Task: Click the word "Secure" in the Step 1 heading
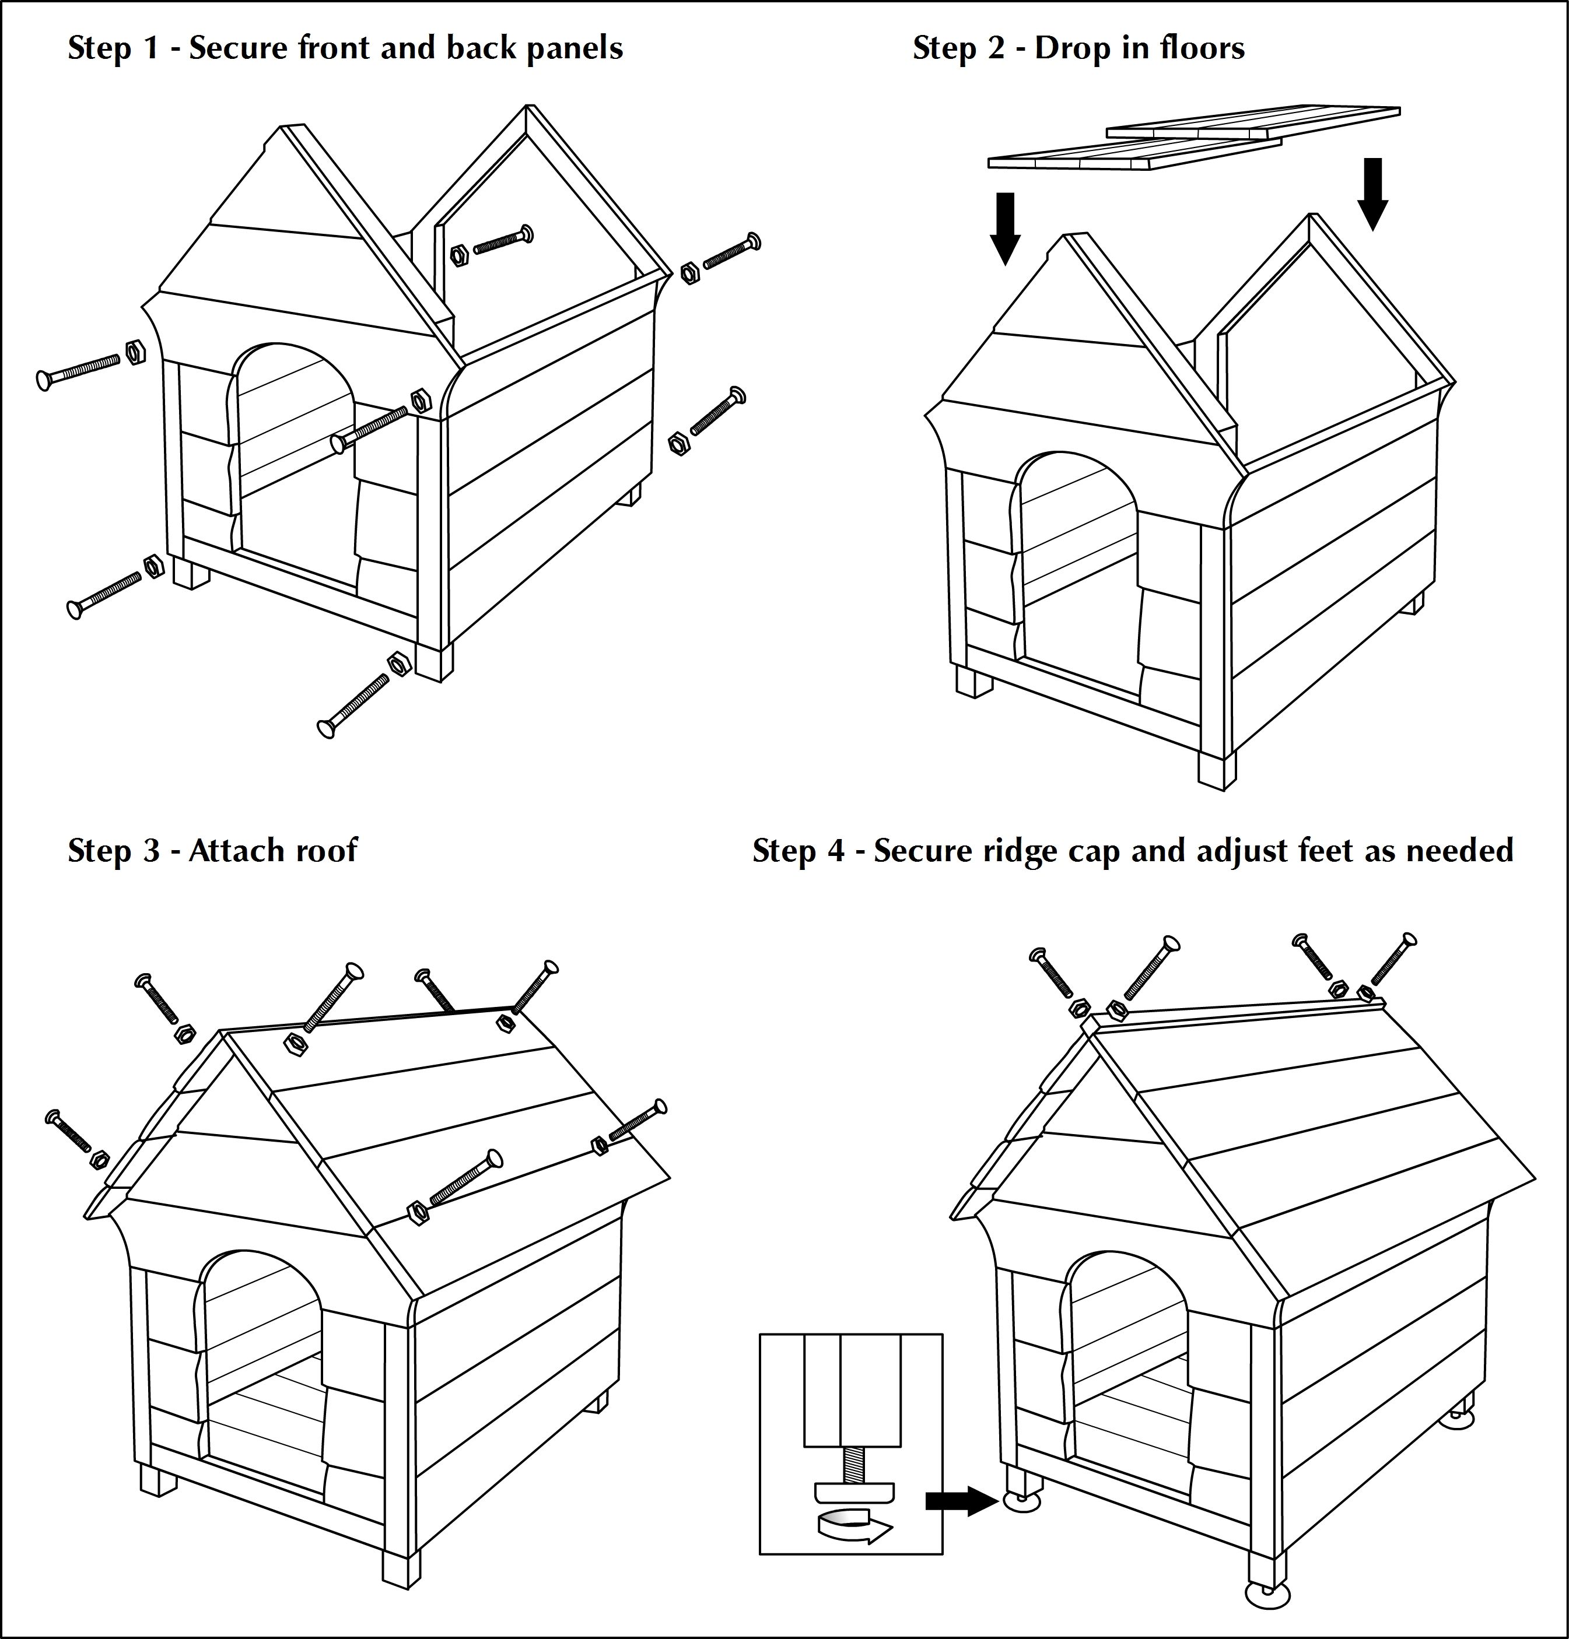click(x=239, y=48)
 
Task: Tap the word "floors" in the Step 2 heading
click(x=1203, y=48)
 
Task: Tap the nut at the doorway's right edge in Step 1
click(x=421, y=401)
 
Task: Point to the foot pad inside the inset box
click(x=853, y=1492)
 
